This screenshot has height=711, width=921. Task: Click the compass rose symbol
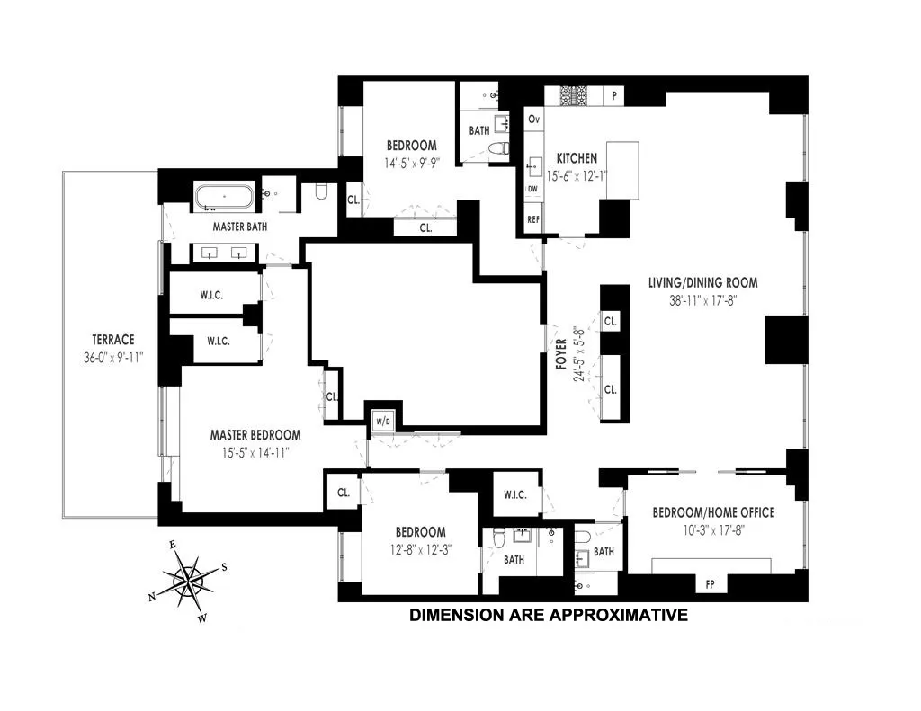(189, 578)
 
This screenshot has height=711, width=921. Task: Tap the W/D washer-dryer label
(380, 420)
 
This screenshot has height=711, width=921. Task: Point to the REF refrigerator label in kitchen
(532, 218)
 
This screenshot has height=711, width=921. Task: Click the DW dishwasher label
(532, 188)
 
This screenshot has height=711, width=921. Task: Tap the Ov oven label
(533, 120)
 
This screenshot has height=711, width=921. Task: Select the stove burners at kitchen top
(573, 94)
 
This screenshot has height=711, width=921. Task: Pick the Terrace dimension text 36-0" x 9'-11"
(112, 357)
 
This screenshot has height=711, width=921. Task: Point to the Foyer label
(560, 351)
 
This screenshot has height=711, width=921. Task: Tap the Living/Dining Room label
(702, 282)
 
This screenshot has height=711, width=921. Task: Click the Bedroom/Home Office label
(713, 512)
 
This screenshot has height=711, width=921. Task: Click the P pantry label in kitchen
(615, 94)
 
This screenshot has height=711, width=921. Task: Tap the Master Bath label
(239, 227)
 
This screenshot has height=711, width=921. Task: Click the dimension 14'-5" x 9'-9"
(411, 164)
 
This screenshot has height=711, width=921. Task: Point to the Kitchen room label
(577, 158)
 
